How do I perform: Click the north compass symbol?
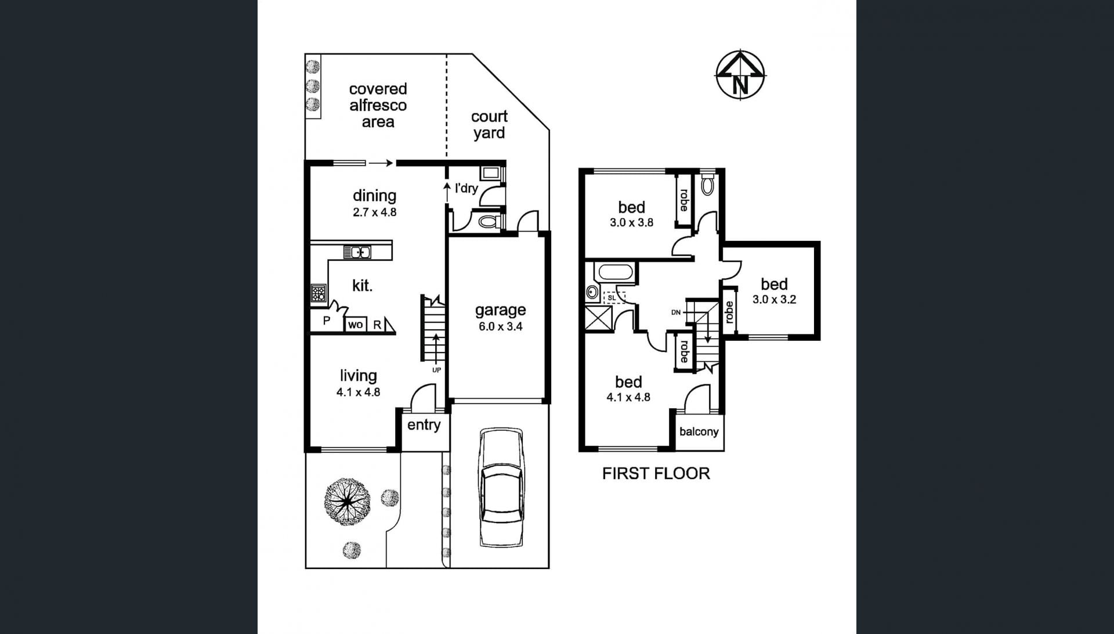tap(740, 74)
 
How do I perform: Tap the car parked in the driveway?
tap(502, 488)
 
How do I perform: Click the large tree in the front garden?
tap(347, 502)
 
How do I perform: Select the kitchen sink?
tap(357, 252)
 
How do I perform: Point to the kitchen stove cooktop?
tap(318, 293)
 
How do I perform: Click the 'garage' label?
tap(500, 310)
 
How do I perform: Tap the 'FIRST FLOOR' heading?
tap(656, 473)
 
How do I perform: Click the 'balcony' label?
tap(699, 431)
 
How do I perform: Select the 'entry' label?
tap(424, 425)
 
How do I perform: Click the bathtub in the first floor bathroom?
tap(616, 272)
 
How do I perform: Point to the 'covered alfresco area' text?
tap(378, 105)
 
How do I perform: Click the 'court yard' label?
tap(489, 124)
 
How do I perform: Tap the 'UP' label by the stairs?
tap(436, 370)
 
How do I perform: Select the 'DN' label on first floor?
tap(675, 312)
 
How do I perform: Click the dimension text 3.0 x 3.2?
tap(774, 300)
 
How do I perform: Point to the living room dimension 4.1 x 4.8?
tap(358, 392)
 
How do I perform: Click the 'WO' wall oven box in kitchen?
tap(355, 325)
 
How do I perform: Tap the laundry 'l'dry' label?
tap(466, 188)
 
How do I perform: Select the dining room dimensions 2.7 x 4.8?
tap(374, 212)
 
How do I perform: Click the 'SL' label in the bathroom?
tap(612, 298)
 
